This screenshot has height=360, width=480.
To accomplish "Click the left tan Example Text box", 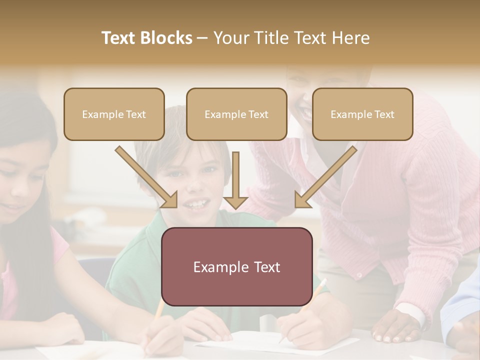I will coord(114,114).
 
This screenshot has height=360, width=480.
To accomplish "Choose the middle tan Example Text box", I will coord(236,114).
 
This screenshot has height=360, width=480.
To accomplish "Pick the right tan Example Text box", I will coord(362,114).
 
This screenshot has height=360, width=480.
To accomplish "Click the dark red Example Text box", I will coord(236,266).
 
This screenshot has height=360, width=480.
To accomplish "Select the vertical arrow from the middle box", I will coord(236,180).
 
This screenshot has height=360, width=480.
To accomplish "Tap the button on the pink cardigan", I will coord(359,275).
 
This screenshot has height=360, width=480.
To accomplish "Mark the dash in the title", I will coord(202,38).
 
